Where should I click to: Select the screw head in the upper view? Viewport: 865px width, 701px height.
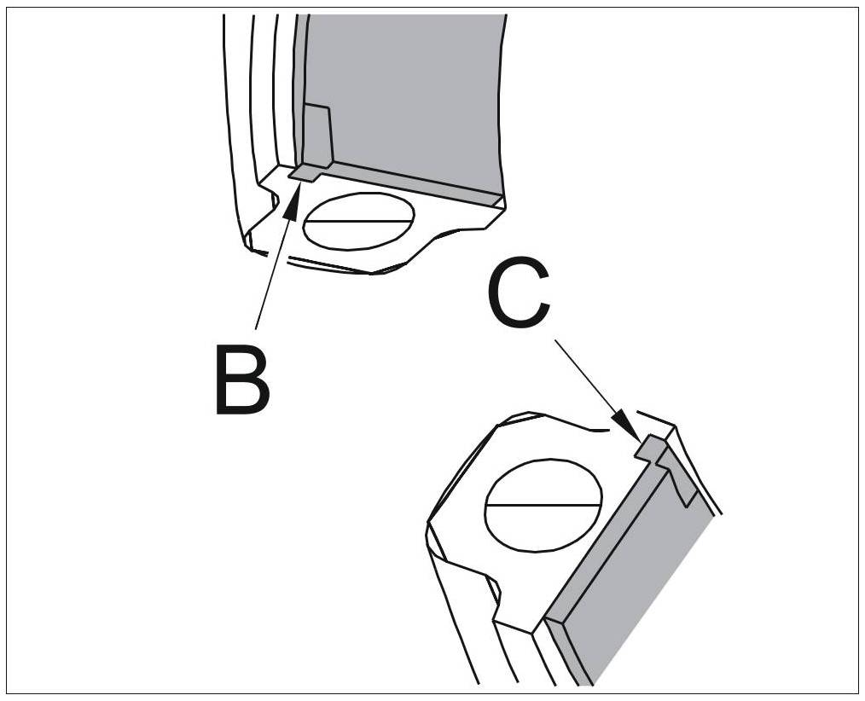point(359,220)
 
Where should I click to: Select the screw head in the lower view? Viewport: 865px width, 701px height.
point(543,503)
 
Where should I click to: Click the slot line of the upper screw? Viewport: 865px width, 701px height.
point(359,220)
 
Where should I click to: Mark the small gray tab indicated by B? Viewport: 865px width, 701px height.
point(305,173)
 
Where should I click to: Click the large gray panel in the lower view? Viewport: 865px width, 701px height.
point(640,580)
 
